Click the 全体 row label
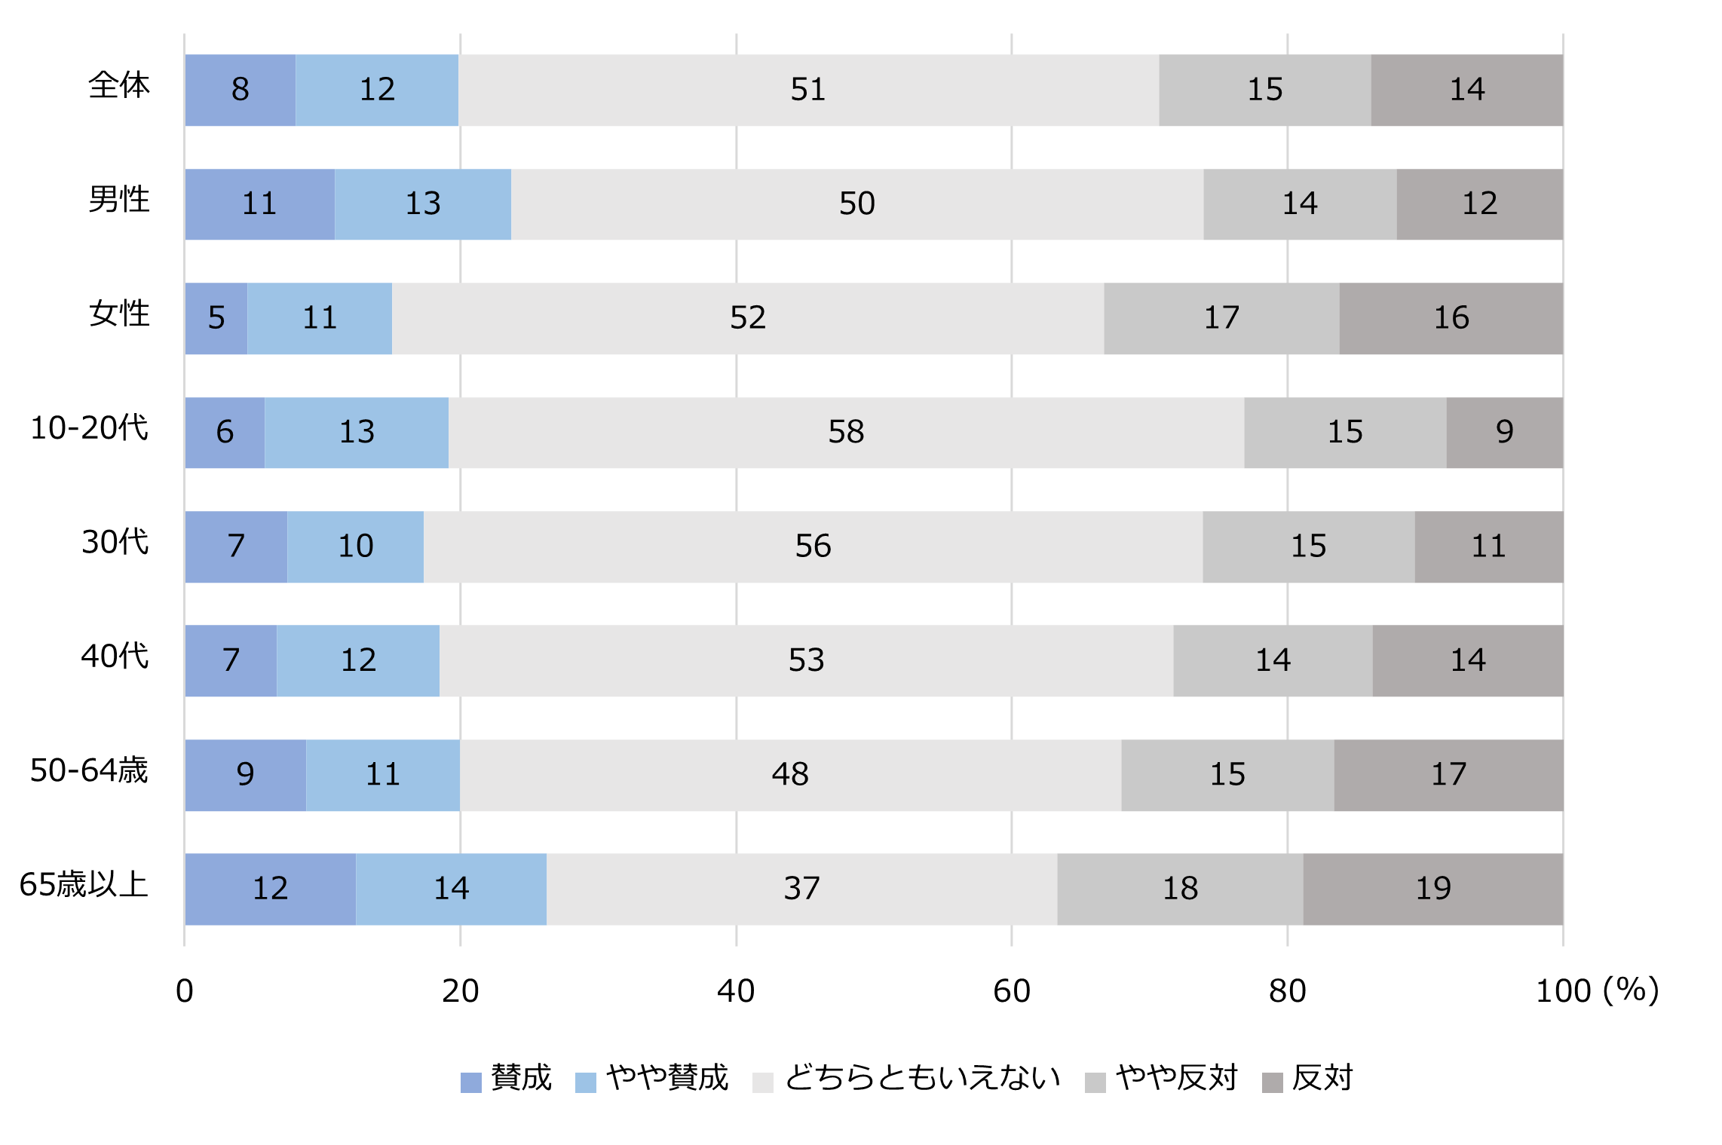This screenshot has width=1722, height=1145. pos(119,85)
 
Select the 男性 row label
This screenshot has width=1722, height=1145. pos(119,200)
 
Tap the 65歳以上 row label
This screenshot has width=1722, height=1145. pos(84,884)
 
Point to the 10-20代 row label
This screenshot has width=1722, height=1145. pos(89,428)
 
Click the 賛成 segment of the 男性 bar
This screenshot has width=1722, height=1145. pos(259,204)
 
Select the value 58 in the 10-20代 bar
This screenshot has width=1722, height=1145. pos(846,432)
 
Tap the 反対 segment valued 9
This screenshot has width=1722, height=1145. pos(1504,432)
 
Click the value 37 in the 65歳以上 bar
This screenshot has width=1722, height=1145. pos(801,889)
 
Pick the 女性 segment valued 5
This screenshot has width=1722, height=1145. pos(216,318)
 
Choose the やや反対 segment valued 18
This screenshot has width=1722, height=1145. pos(1180,889)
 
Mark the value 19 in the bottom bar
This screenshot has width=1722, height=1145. pos(1432,889)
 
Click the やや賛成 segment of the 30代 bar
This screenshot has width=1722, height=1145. pos(355,546)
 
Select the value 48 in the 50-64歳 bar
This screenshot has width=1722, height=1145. pos(790,775)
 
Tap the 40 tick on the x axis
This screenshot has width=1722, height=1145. pos(736,991)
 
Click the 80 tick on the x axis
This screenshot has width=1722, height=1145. pos(1287,991)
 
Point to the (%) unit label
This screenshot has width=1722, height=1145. pos(1632,990)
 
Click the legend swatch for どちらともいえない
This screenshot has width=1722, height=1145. pos(763,1082)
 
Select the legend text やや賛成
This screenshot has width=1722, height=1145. pos(667,1078)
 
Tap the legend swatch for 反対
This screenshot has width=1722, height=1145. pos(1273,1082)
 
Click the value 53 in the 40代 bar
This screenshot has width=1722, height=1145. pos(806,660)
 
